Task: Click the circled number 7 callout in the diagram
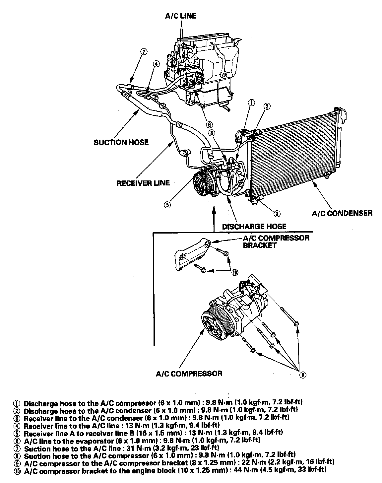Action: point(143,52)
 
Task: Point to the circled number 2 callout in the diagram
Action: point(267,106)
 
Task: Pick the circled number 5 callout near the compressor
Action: point(167,205)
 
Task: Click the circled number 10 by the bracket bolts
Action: point(235,272)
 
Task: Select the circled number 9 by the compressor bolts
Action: point(302,375)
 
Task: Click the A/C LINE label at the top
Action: point(181,16)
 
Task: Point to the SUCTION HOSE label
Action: point(121,142)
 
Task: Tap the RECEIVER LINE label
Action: point(143,183)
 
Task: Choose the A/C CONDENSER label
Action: point(342,213)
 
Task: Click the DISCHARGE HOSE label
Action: point(254,227)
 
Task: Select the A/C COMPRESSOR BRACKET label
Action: point(276,241)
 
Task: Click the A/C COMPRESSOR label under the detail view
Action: point(189,374)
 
